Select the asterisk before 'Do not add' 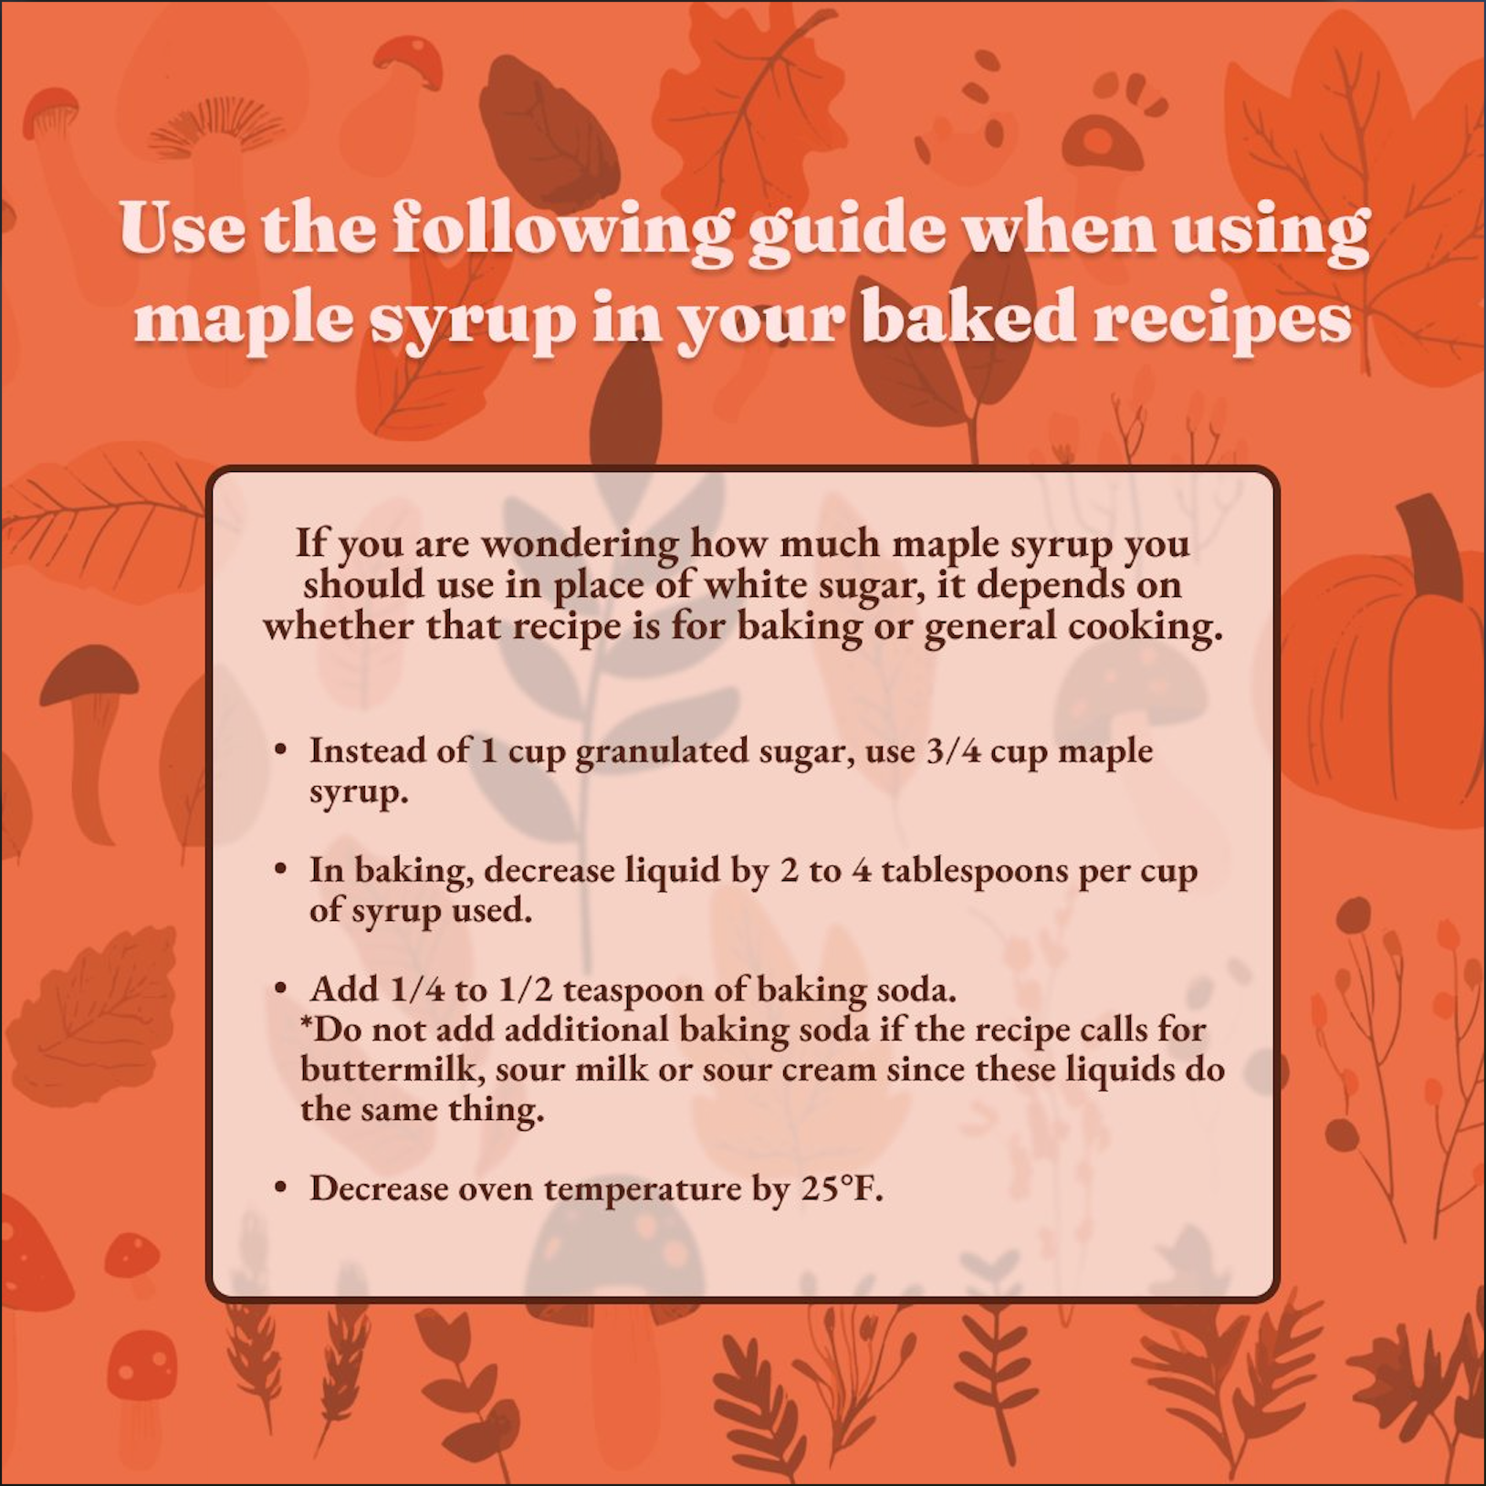tap(307, 1021)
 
